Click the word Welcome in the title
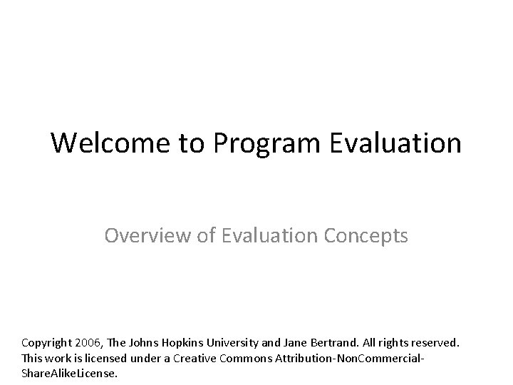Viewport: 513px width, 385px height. pos(110,143)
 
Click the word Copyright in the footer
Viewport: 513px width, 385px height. pos(49,343)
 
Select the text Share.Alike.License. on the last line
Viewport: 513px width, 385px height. pos(69,373)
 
